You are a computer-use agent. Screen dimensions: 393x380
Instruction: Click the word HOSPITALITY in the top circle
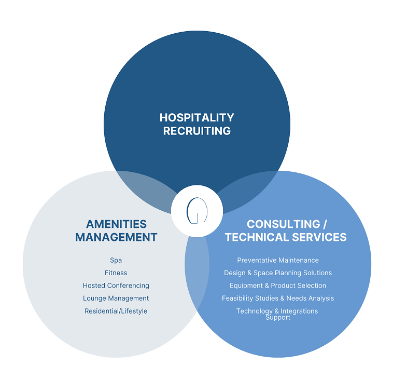point(197,118)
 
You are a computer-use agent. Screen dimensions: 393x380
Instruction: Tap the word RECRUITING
point(197,131)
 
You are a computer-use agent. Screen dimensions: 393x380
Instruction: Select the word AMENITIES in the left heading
point(116,224)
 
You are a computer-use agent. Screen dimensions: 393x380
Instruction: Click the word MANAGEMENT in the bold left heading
point(116,237)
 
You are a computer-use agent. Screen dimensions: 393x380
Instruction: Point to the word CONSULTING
point(284,224)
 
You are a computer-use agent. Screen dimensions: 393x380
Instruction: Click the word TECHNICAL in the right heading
point(257,237)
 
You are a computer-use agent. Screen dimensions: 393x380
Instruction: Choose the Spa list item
point(116,260)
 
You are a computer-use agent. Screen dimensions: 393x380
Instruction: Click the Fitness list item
point(116,273)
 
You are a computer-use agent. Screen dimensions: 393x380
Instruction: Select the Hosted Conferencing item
point(116,286)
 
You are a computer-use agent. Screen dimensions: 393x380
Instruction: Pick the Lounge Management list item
point(116,298)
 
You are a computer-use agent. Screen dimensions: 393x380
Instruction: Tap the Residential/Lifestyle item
point(116,311)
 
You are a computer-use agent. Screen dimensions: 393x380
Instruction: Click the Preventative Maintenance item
point(278,260)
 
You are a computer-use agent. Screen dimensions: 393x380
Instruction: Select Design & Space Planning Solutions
point(278,273)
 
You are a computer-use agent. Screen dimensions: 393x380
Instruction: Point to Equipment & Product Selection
point(278,286)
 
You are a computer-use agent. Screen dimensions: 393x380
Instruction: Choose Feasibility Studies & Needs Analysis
point(278,298)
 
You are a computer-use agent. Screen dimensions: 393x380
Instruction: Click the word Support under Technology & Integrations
point(278,318)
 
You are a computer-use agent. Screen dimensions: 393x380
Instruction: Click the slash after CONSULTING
point(325,224)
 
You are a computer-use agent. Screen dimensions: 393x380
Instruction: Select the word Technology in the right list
point(255,311)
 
